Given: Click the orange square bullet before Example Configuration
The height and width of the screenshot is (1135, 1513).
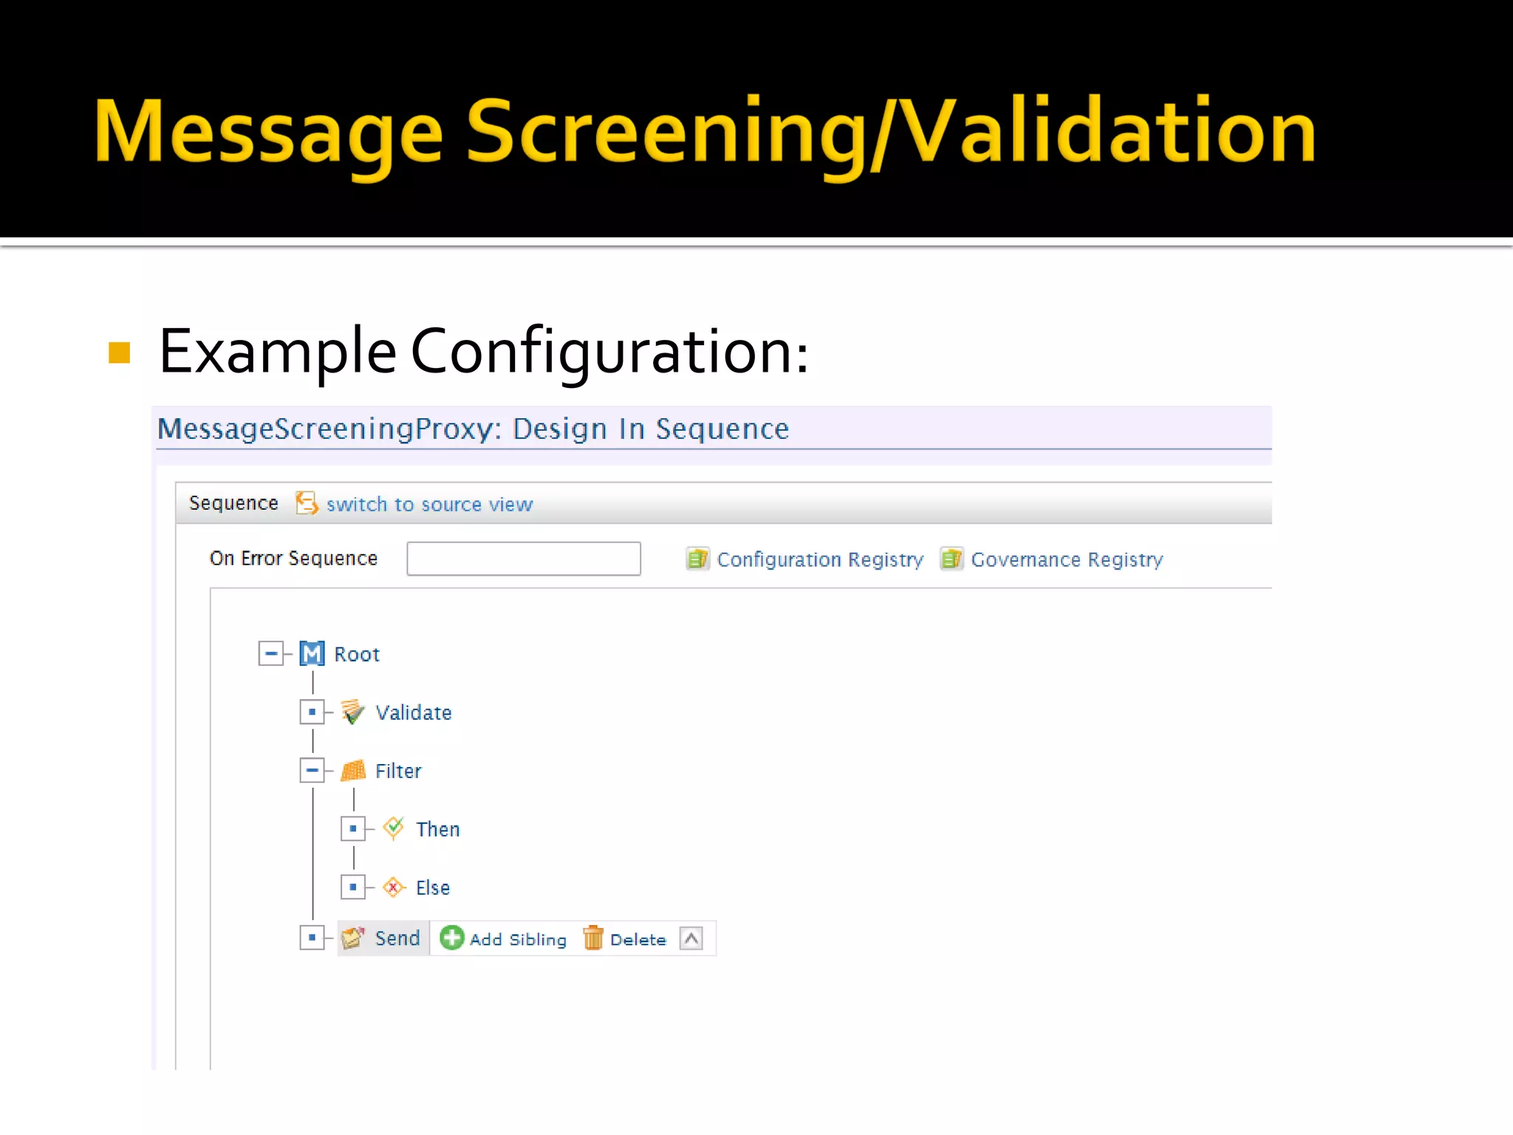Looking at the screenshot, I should pos(119,352).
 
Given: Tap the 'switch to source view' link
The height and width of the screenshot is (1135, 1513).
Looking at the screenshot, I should pos(429,505).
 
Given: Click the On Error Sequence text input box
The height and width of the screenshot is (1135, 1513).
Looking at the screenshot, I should pos(523,559).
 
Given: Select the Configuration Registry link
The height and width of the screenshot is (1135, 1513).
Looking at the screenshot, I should pos(819,559).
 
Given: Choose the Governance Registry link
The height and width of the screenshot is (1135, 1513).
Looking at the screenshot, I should pos(1066,559).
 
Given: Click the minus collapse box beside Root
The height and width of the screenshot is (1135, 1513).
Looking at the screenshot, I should pos(270,654).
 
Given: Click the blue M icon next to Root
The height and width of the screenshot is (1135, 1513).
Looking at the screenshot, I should pos(312,654).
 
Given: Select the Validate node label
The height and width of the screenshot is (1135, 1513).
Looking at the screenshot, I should pos(413,712).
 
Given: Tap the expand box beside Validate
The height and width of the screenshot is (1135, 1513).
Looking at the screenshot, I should pos(312,712).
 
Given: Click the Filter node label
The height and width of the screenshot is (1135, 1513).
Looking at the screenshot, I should pos(398,771).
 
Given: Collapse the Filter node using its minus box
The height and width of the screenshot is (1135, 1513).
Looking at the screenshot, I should pos(312,771).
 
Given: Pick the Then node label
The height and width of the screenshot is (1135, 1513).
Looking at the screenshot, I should pos(437,829).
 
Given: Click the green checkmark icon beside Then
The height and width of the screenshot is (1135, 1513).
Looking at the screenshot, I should pos(394,828).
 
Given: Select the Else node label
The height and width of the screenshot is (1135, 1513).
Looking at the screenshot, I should pos(432,887).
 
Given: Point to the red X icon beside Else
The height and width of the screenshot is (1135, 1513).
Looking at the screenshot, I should pos(394,887).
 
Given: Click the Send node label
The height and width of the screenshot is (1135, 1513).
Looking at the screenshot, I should pos(397,938).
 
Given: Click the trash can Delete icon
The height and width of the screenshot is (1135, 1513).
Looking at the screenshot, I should pos(593,938).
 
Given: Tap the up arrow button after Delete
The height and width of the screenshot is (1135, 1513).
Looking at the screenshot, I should pos(691,938).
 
